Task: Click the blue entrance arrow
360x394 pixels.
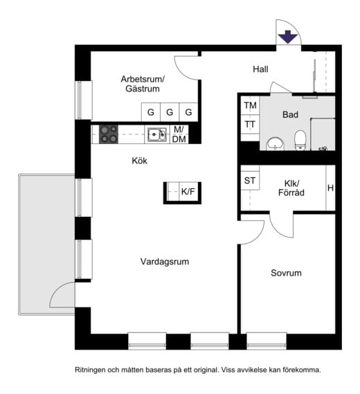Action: pos(287,37)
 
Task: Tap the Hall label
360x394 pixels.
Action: pos(260,69)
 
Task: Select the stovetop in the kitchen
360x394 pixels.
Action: pos(109,134)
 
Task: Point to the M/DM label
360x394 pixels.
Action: pos(179,134)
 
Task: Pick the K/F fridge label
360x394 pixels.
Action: pos(188,192)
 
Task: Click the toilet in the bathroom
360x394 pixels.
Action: pos(300,140)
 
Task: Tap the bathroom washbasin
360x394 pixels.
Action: pos(276,144)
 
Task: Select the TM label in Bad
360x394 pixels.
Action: pos(250,105)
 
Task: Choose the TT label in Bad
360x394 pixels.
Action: pos(250,125)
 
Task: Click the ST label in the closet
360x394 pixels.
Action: pos(250,181)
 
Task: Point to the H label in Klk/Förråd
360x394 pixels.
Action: pos(331,188)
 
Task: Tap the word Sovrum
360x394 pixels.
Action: pos(286,273)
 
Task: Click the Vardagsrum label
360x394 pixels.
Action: pos(165,262)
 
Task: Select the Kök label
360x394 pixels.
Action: pos(139,161)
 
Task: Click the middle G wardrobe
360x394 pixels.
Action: pos(170,112)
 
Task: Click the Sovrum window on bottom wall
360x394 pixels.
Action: pos(267,341)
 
